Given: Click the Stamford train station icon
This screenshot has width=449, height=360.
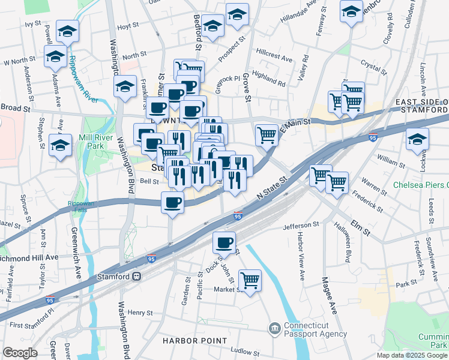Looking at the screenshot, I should (137, 277).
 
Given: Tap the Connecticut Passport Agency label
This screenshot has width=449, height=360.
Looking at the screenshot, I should (315, 329).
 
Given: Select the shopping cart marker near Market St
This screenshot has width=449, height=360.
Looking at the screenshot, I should (250, 280).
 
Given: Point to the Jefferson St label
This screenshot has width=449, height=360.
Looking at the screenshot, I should (301, 226).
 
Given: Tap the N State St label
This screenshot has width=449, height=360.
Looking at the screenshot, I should (273, 186).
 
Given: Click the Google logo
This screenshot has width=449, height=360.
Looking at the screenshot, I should (20, 353).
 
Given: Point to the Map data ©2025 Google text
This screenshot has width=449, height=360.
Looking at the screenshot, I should (411, 355).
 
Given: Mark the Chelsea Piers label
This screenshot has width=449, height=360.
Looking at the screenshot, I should (420, 185).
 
